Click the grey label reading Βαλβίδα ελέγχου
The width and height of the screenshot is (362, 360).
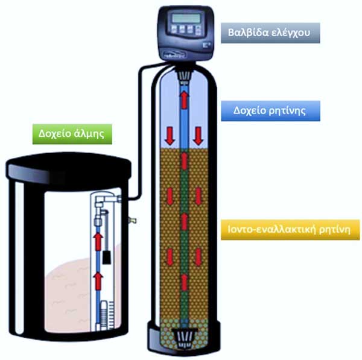(268, 32)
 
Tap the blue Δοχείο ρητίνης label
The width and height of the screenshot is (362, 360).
(268, 111)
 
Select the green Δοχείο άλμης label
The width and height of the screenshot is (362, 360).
(72, 133)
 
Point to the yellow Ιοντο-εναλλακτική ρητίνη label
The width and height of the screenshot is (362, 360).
(285, 229)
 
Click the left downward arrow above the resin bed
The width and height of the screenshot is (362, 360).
(170, 136)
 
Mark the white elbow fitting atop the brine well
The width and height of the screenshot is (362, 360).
(107, 198)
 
